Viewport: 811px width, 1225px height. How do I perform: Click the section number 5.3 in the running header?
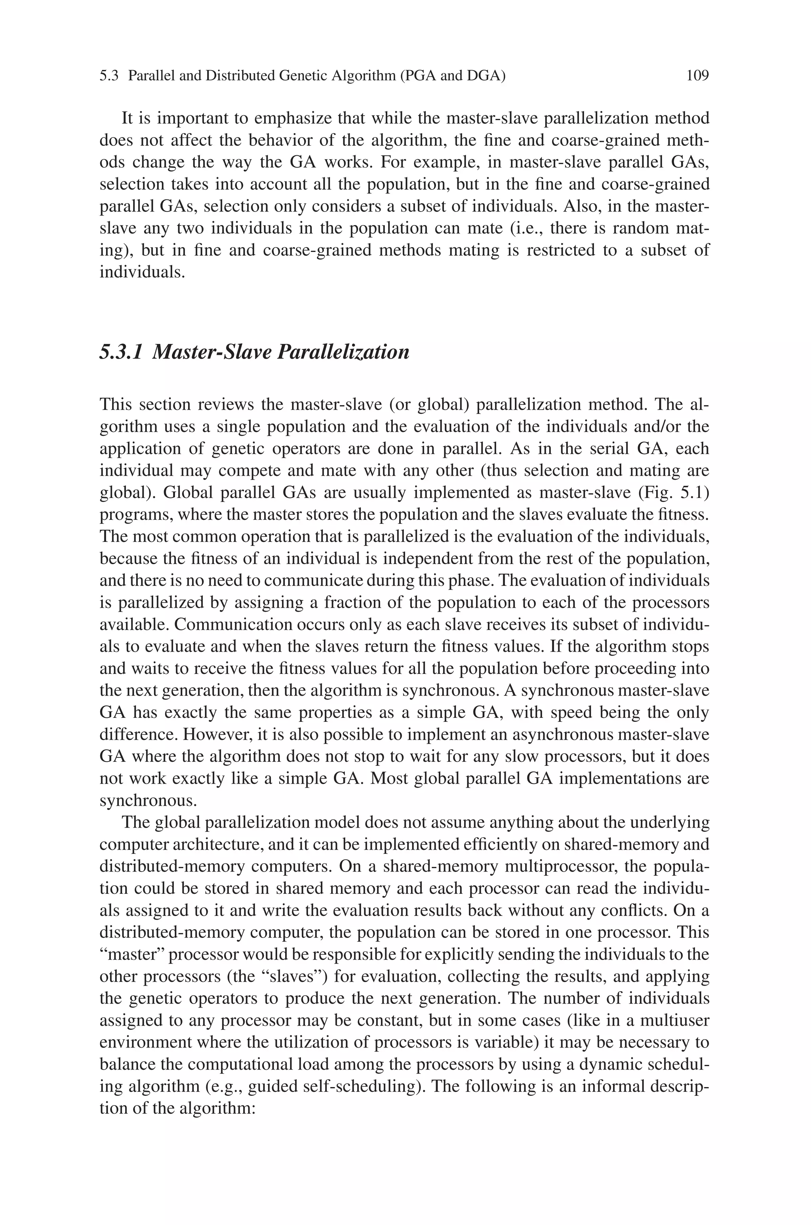tap(109, 76)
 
